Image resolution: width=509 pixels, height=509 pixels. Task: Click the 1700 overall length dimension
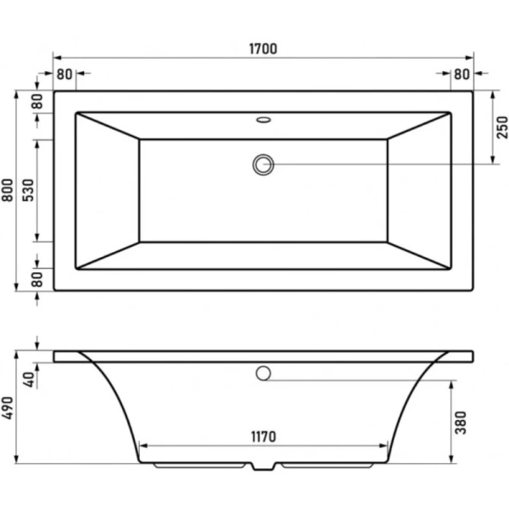[x=264, y=49]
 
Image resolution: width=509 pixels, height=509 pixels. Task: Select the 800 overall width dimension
[x=8, y=191]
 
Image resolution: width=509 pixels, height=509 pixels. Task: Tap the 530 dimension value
[x=28, y=191]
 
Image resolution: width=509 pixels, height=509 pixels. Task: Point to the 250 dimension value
[x=501, y=126]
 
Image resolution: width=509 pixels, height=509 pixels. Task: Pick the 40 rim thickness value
[x=28, y=379]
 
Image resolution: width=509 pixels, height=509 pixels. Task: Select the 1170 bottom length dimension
[x=264, y=437]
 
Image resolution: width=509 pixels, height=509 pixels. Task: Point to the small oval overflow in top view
[x=264, y=120]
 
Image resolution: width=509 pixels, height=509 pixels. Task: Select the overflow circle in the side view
[x=264, y=372]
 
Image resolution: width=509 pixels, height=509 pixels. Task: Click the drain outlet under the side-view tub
[x=264, y=467]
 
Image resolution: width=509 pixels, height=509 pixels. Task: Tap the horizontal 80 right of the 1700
[x=461, y=73]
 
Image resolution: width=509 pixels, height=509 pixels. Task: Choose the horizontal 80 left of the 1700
[x=65, y=73]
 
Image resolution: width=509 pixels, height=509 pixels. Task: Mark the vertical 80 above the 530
[x=37, y=99]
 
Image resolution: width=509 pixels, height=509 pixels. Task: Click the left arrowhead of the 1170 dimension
[x=143, y=445]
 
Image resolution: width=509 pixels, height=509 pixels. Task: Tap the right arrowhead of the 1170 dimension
[x=383, y=445]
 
